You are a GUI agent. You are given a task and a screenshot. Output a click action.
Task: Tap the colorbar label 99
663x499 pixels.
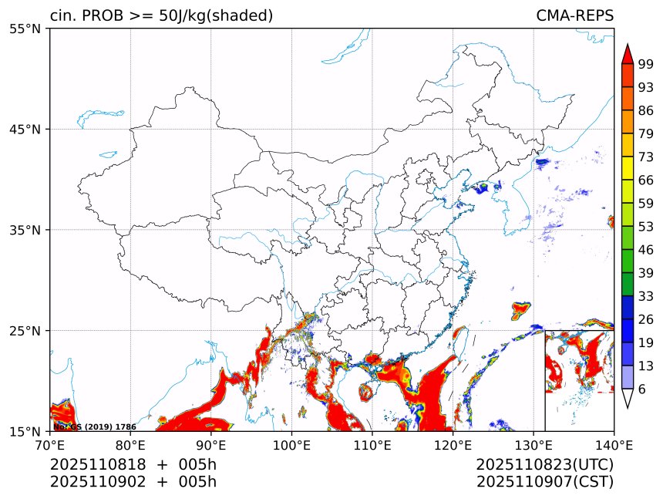(646, 64)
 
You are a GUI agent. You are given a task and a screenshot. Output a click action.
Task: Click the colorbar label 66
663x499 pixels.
(646, 180)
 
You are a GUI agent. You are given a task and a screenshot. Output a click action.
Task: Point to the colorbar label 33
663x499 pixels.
(646, 296)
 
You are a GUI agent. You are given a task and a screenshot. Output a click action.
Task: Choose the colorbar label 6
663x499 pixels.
(642, 389)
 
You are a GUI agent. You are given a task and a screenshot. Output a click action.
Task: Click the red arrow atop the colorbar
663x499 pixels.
(627, 54)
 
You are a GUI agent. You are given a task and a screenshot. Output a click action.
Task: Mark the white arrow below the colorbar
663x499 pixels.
(627, 398)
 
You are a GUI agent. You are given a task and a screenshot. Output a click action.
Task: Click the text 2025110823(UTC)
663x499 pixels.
(544, 464)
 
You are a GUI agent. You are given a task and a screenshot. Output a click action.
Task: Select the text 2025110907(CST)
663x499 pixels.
(544, 482)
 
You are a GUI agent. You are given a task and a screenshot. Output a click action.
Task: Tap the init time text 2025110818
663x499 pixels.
(91, 464)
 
